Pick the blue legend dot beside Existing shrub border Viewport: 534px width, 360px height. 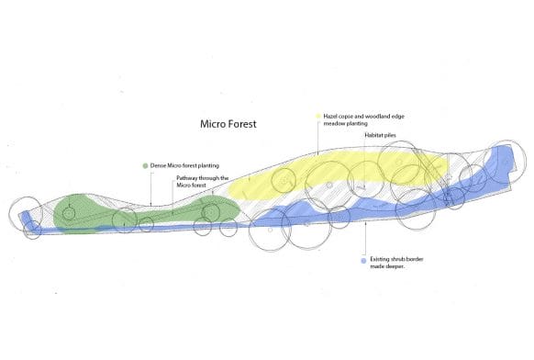pos(364,260)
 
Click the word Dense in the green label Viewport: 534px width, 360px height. pos(160,164)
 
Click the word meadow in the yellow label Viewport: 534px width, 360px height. pos(334,124)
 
